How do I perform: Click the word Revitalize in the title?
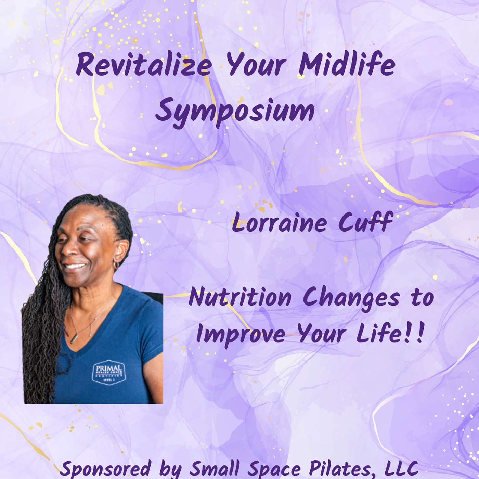[143, 66]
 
